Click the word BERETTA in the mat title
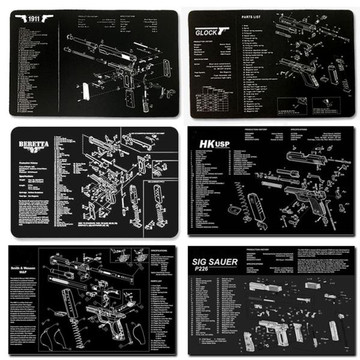[x=31, y=143]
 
